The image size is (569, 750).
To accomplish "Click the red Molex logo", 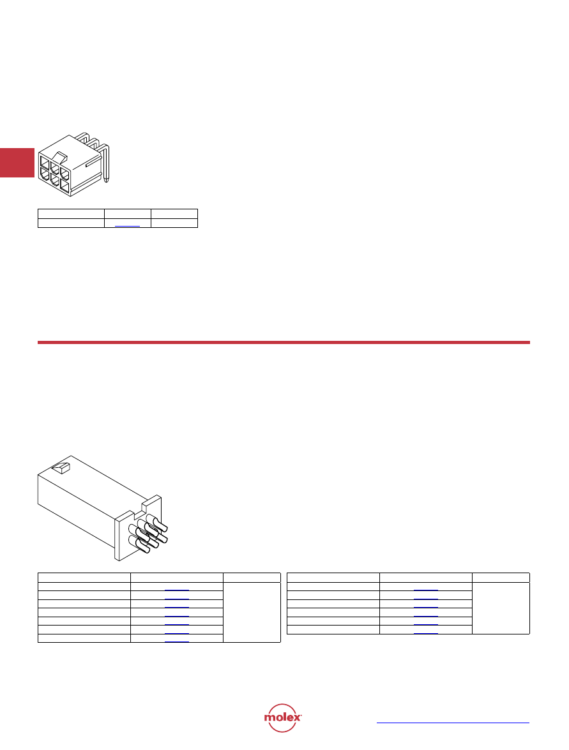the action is click(282, 717).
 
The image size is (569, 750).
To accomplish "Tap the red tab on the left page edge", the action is click(17, 163).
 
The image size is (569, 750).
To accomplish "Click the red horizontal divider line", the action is click(284, 343).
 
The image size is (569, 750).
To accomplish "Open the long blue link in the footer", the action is click(453, 723).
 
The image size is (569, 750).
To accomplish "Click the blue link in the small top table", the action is click(127, 225).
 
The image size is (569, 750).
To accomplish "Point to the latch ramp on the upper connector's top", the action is click(61, 158).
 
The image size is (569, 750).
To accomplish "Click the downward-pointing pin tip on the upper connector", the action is click(107, 181).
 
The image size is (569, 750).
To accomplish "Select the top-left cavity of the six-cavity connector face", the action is click(45, 161).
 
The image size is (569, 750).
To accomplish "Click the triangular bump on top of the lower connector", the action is click(61, 468).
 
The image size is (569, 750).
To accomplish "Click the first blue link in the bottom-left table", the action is click(177, 590).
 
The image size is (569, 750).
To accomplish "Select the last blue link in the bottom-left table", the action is click(177, 641).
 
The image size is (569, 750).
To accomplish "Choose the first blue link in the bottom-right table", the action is click(425, 590).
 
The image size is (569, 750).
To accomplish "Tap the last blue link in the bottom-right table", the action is click(425, 633).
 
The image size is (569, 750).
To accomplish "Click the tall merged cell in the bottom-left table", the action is click(252, 612).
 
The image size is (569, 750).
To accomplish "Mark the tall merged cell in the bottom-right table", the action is click(501, 608).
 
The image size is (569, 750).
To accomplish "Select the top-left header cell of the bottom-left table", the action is click(84, 577).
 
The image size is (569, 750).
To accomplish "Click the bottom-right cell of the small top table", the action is click(174, 223).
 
